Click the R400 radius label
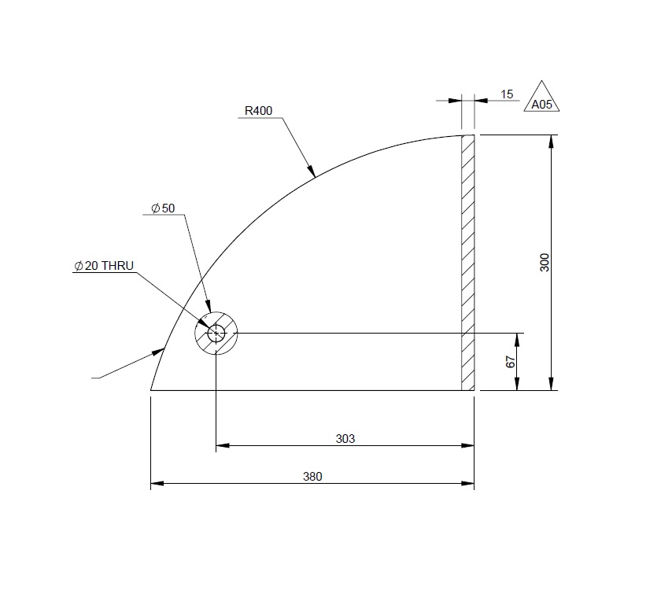click(258, 111)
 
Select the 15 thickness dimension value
click(507, 94)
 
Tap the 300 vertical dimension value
click(544, 263)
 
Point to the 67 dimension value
click(510, 362)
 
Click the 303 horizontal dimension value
click(345, 439)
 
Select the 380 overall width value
click(312, 476)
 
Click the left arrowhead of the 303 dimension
click(222, 446)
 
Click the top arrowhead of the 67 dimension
click(517, 338)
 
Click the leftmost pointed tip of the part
click(150, 389)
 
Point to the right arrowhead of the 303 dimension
click(469, 446)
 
